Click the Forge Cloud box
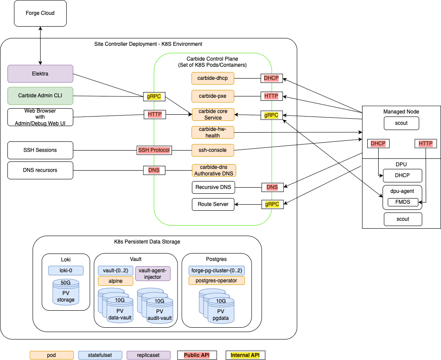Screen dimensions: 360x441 (x=40, y=13)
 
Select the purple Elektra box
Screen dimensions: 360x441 (x=40, y=74)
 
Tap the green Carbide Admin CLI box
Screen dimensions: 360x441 (x=40, y=95)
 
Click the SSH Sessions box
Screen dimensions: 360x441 (x=40, y=150)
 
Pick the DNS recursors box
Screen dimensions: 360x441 (x=40, y=170)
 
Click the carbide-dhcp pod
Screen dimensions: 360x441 (x=213, y=78)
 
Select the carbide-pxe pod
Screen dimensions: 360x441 (x=213, y=96)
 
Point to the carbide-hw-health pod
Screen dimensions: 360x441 (x=213, y=133)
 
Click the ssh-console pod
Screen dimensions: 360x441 (x=213, y=150)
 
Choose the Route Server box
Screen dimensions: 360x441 (x=213, y=204)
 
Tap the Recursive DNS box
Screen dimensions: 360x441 (x=213, y=188)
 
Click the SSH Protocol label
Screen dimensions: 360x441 (x=154, y=150)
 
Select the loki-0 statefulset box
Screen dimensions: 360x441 (x=65, y=271)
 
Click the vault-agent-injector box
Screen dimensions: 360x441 (x=153, y=274)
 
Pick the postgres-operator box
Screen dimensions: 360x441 (x=216, y=281)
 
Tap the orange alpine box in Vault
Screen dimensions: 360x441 (x=115, y=281)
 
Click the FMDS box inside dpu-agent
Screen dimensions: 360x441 (x=403, y=202)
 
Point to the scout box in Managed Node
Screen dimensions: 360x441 (x=401, y=123)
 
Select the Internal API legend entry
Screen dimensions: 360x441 (x=245, y=355)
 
